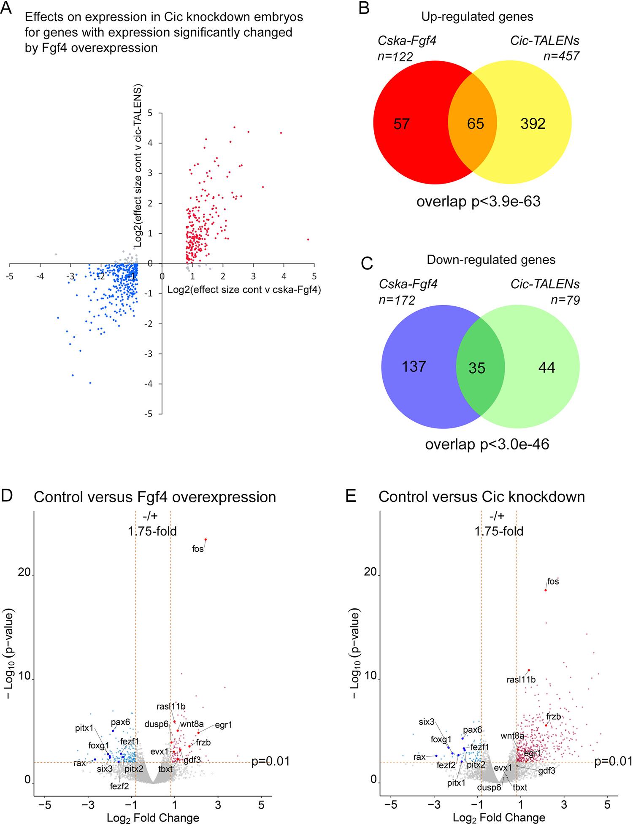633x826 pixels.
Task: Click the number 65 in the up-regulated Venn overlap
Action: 476,124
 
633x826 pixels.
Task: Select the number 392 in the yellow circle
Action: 533,124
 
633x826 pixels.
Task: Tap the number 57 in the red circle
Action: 401,124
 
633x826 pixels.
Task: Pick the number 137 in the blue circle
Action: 414,366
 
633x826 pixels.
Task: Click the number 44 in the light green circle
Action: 547,367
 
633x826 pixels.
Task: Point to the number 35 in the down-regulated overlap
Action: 477,368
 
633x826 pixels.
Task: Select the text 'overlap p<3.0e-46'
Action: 487,444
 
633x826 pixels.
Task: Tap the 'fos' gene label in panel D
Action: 198,549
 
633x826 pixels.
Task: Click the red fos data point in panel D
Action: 206,539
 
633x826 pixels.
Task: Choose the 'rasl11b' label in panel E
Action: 521,680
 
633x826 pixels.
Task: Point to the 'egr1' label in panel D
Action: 224,725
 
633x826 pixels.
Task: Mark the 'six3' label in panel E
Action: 427,722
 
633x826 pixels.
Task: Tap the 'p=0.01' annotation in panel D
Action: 271,761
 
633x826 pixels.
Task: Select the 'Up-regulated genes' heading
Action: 477,17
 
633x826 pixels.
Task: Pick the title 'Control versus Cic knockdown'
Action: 482,497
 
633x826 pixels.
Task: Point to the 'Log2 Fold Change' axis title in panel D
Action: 153,818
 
